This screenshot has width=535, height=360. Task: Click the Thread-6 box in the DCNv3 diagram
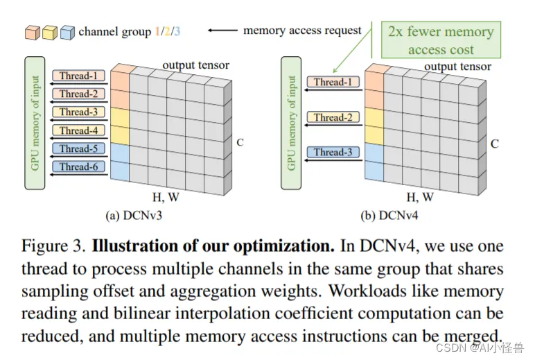tap(78, 166)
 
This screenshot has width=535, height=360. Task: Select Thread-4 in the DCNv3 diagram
tap(78, 130)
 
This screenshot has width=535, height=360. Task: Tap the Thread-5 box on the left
tap(78, 148)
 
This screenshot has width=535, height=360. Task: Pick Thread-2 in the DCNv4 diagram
tap(333, 117)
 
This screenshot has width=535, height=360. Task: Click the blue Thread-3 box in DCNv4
tap(333, 152)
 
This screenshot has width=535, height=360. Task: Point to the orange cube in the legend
tap(33, 33)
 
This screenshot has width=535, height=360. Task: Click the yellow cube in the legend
tap(50, 33)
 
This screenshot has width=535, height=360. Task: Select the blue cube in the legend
tap(67, 33)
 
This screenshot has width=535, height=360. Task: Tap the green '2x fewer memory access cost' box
tap(441, 40)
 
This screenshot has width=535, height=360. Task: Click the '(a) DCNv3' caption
tap(134, 216)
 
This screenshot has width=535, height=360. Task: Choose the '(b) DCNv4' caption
tap(389, 216)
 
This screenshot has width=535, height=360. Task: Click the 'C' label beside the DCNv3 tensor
tap(240, 142)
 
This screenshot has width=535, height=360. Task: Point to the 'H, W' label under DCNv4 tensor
tap(420, 198)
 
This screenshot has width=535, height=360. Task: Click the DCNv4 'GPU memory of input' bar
tap(290, 123)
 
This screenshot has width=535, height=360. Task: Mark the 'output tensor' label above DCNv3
tap(196, 65)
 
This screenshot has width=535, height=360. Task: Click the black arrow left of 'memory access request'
tap(222, 31)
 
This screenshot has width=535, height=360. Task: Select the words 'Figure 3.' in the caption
tap(53, 246)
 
